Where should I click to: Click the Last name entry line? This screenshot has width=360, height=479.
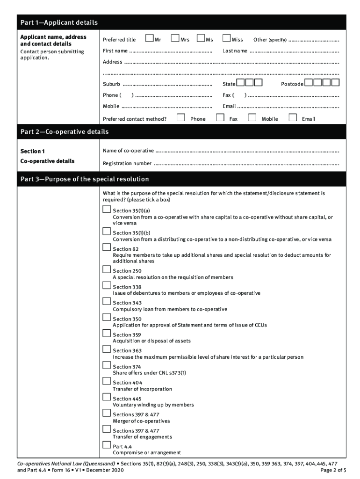pyautogui.click(x=295, y=51)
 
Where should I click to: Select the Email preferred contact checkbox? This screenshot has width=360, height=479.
pyautogui.click(x=293, y=118)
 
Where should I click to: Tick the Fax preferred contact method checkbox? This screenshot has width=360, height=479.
pyautogui.click(x=220, y=118)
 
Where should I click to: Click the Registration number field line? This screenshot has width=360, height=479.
pyautogui.click(x=246, y=164)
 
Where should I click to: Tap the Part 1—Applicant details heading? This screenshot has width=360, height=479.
pyautogui.click(x=59, y=22)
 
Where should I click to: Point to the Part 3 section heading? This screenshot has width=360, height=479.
pyautogui.click(x=85, y=179)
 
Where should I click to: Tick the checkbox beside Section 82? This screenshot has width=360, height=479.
pyautogui.click(x=107, y=247)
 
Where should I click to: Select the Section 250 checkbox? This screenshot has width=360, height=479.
pyautogui.click(x=107, y=269)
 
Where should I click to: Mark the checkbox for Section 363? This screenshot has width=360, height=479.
pyautogui.click(x=107, y=349)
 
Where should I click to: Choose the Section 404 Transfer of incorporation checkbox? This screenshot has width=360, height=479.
pyautogui.click(x=107, y=381)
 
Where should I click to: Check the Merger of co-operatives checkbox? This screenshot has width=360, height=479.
pyautogui.click(x=107, y=413)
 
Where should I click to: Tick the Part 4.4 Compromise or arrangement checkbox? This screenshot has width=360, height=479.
pyautogui.click(x=107, y=445)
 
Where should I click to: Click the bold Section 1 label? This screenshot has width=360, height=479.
pyautogui.click(x=33, y=152)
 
